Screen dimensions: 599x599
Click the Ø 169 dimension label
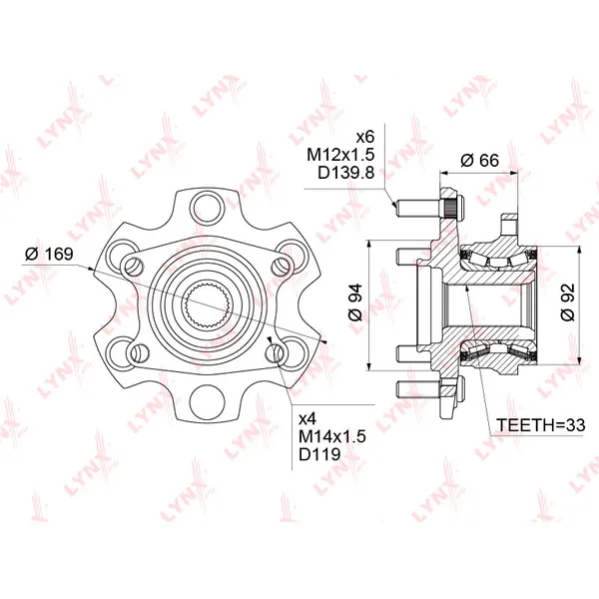[x=49, y=254]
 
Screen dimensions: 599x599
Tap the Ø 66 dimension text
[x=479, y=160]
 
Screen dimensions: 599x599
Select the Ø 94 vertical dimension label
[x=355, y=302]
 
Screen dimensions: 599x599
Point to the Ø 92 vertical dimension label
[x=568, y=302]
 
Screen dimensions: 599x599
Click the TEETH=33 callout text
[x=540, y=425]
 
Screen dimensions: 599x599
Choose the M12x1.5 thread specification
[x=340, y=155]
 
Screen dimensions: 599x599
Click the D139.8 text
[x=346, y=173]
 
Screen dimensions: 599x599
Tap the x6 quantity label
[x=365, y=137]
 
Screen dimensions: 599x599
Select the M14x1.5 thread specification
[x=332, y=436]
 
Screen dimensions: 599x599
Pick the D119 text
[x=319, y=454]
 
